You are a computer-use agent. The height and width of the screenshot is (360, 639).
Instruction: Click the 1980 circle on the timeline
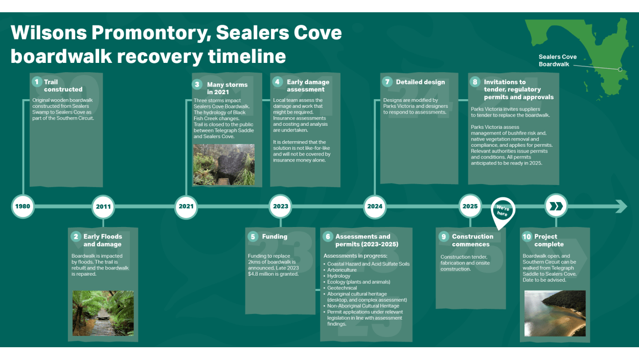(x=22, y=207)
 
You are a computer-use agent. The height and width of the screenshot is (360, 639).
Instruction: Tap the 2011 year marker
(x=103, y=207)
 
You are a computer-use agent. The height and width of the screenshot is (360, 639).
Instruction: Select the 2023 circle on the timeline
(x=281, y=207)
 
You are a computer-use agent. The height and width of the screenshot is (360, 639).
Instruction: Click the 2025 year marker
(x=470, y=207)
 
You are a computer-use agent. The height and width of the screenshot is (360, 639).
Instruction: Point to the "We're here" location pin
(x=503, y=210)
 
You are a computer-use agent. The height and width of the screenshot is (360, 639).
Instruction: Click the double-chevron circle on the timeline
(x=556, y=207)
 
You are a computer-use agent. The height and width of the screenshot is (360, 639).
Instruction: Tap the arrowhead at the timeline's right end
(x=621, y=207)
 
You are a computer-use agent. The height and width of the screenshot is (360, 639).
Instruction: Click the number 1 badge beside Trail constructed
(x=36, y=82)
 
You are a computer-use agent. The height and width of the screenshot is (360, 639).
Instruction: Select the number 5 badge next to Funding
(x=253, y=237)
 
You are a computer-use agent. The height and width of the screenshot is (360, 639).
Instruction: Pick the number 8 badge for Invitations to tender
(x=475, y=82)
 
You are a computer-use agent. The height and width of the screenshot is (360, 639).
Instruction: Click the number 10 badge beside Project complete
(x=527, y=237)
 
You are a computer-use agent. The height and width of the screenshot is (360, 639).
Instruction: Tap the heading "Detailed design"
(x=420, y=82)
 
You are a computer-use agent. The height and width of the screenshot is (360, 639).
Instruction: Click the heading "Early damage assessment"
(x=308, y=85)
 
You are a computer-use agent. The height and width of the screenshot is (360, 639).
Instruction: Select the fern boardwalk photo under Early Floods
(x=103, y=313)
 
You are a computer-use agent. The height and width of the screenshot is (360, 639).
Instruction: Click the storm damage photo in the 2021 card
(x=224, y=165)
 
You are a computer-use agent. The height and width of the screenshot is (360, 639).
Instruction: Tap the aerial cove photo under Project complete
(x=555, y=313)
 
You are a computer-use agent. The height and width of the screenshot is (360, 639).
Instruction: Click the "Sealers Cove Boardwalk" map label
(x=557, y=60)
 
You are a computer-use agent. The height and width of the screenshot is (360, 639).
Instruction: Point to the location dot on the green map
(x=620, y=70)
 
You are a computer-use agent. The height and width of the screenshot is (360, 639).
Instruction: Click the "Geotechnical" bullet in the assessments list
(x=342, y=288)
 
